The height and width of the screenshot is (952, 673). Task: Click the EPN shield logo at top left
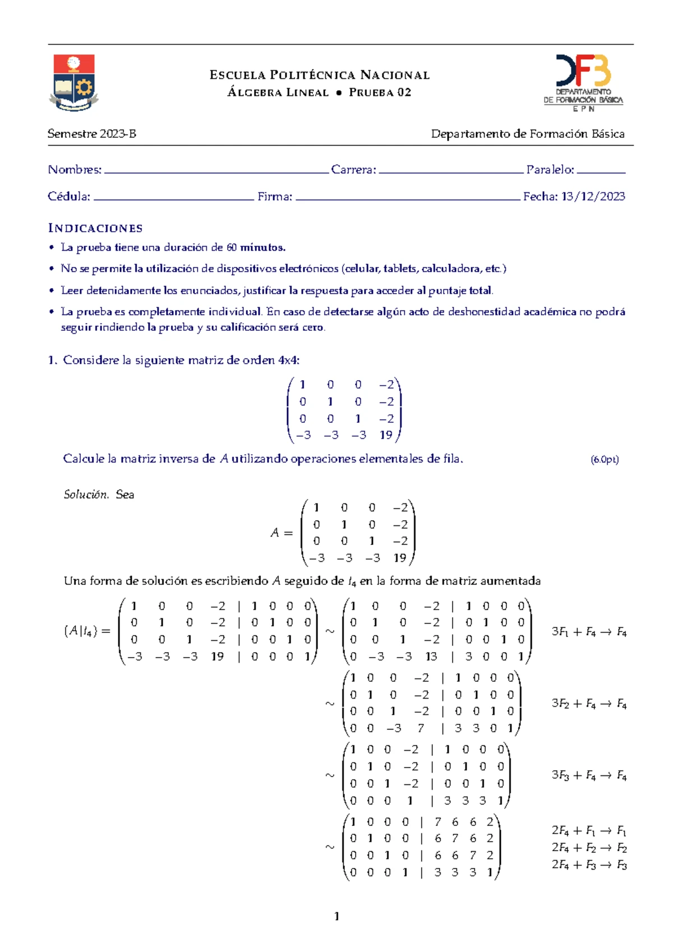(x=74, y=82)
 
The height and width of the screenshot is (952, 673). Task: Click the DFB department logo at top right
(x=583, y=82)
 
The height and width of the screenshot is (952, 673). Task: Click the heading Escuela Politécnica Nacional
(x=320, y=75)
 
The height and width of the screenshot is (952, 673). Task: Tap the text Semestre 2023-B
(x=92, y=134)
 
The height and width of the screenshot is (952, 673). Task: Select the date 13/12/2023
(x=593, y=196)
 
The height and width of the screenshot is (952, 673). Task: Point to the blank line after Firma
(x=408, y=198)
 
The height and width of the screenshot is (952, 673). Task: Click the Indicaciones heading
(x=95, y=228)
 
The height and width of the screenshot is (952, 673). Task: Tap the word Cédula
(x=68, y=196)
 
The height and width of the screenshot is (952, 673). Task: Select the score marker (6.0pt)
(x=605, y=460)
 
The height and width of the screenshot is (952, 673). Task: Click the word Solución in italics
(x=85, y=495)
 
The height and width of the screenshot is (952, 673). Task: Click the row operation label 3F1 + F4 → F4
(x=589, y=632)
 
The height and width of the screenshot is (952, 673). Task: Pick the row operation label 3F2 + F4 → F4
(x=589, y=704)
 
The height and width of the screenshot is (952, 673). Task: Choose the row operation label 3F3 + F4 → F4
(x=589, y=775)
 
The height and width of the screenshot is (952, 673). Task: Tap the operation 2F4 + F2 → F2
(x=589, y=848)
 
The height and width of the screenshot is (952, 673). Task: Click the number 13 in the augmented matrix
(x=431, y=657)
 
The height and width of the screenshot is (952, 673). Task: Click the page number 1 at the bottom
(x=336, y=917)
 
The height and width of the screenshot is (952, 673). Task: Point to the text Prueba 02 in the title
(x=380, y=93)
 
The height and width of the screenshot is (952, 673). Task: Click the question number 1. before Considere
(x=53, y=361)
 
